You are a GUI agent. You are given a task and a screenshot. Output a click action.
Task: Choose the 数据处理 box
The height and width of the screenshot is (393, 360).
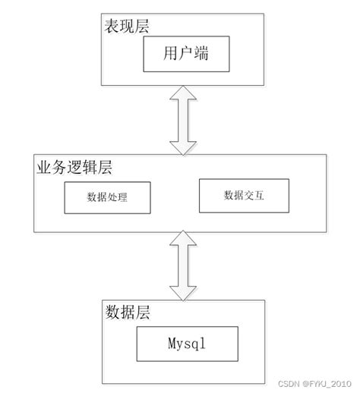tap(106, 196)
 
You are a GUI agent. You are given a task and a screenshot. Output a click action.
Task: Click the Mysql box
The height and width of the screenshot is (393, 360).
tap(186, 343)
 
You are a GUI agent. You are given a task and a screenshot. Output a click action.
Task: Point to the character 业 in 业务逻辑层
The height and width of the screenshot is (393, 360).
tap(43, 166)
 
